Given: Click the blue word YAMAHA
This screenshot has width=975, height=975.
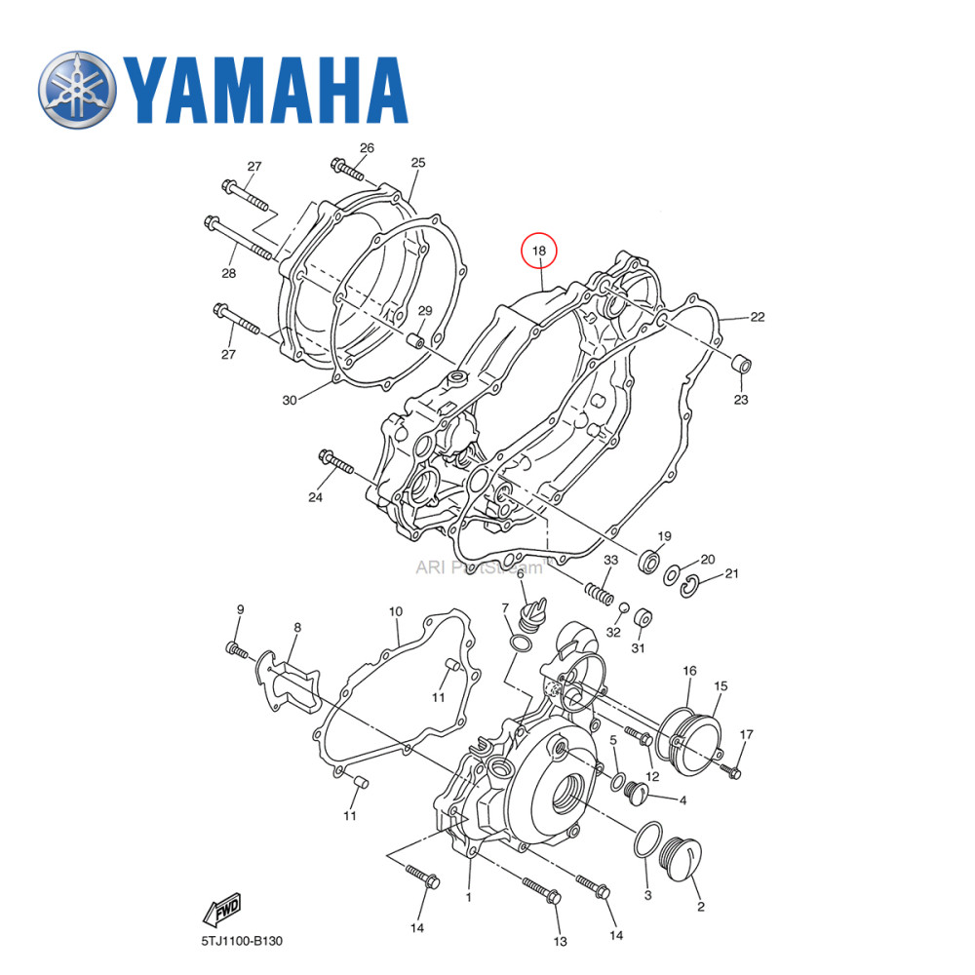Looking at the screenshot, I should (263, 90).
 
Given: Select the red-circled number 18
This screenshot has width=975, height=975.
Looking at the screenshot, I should (539, 251).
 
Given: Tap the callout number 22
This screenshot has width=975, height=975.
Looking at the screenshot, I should (757, 317).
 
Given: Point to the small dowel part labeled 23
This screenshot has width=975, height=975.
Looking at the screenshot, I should (742, 367).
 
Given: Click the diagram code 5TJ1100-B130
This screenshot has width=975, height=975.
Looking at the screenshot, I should (237, 941).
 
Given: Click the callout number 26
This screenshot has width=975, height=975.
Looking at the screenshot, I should (367, 148).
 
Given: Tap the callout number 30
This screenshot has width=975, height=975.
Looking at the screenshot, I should (289, 400).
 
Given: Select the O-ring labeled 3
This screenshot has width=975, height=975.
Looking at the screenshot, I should (645, 839).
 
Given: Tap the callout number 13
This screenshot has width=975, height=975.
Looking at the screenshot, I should (560, 941).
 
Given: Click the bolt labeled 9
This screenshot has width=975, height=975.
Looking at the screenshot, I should (236, 649).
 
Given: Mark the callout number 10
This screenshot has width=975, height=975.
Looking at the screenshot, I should (395, 612).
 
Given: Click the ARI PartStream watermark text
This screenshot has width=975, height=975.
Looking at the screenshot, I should (478, 566).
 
